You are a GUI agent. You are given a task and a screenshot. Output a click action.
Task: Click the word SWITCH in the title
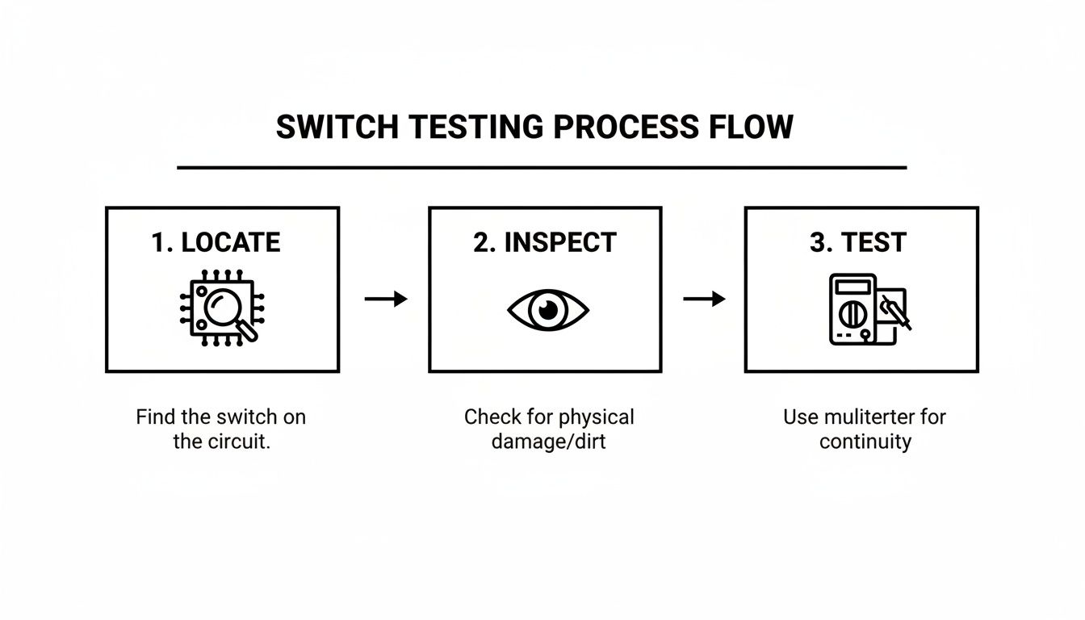(337, 128)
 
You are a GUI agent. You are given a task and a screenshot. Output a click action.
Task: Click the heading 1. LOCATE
(216, 242)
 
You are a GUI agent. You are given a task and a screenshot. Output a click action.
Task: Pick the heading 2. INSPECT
(545, 242)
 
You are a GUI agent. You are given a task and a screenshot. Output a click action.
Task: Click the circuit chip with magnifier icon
(221, 309)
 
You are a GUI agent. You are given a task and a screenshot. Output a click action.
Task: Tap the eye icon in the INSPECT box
(548, 310)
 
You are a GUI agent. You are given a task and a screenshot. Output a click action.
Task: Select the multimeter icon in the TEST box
(868, 310)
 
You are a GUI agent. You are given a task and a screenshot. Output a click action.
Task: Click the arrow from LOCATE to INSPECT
(385, 300)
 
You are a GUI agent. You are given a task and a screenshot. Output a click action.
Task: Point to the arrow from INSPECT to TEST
(704, 300)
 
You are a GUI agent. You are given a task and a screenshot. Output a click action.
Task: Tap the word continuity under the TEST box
(865, 442)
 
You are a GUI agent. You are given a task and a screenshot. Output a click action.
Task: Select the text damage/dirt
(548, 442)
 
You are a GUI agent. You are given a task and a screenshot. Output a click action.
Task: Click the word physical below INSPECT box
(594, 417)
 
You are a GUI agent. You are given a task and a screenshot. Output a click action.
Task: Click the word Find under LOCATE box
(154, 417)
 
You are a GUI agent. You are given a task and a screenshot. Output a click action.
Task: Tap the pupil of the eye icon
(548, 309)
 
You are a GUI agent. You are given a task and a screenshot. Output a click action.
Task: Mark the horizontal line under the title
(542, 168)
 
